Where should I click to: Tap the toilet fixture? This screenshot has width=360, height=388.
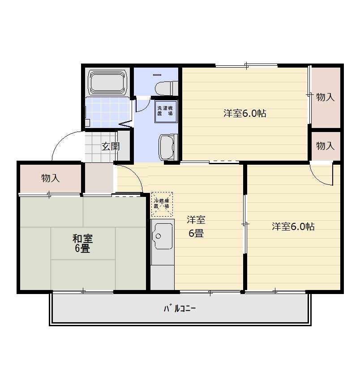167,88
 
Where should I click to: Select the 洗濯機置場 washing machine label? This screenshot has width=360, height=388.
165,111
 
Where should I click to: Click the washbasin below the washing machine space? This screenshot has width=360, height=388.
168,148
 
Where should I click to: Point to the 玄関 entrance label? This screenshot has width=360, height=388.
111,146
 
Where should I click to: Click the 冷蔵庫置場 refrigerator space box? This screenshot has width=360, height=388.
162,204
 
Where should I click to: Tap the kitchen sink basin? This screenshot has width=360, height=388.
163,236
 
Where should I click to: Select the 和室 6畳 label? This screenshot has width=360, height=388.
82,243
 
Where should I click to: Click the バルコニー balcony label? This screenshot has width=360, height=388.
180,309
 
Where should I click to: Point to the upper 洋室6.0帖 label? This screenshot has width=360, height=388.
244,113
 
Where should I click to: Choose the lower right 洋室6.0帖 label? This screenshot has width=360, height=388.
293,226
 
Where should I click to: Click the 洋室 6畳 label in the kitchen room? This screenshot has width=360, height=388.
196,226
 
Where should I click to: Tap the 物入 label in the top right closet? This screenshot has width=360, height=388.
325,97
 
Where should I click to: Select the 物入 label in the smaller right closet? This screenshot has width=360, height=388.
325,146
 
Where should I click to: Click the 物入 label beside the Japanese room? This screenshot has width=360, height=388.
51,178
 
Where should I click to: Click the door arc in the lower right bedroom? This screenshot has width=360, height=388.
318,179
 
